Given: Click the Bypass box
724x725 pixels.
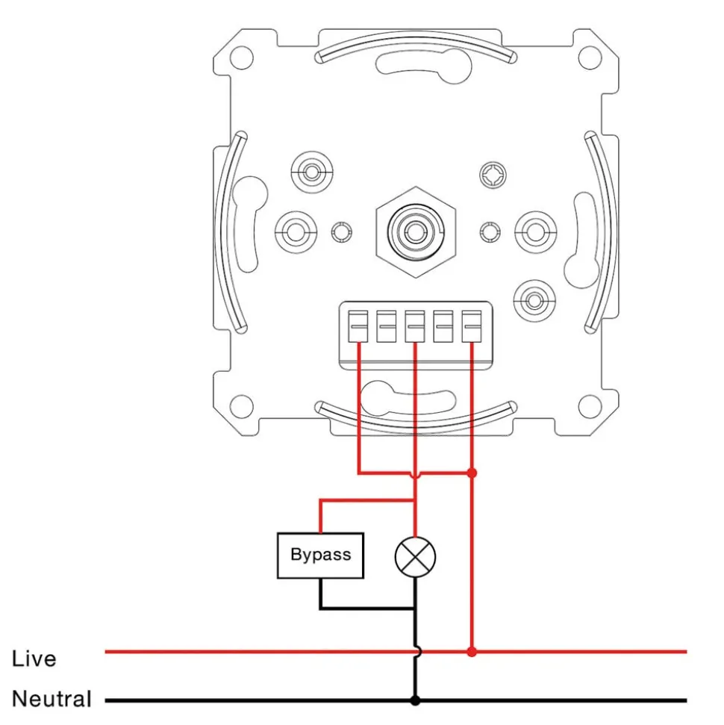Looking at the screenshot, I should point(320,556).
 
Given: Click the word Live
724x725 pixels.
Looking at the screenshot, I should point(34,659).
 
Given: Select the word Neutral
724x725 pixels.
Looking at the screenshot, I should point(52,700).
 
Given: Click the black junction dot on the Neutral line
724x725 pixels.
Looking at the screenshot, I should point(415,700).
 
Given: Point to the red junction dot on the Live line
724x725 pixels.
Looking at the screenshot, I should point(472,652).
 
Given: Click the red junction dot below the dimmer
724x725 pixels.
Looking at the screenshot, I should point(472,473).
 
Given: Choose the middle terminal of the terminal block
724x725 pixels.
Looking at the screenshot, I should point(415,326).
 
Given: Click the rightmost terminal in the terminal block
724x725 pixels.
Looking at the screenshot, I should point(471,326).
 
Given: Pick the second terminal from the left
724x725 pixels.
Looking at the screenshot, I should point(387,326).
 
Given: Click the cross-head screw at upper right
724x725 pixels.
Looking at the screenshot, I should point(493,176).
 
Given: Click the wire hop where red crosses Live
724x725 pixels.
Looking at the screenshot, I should point(415,652).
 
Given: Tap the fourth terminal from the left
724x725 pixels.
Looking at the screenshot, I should point(443,326).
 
